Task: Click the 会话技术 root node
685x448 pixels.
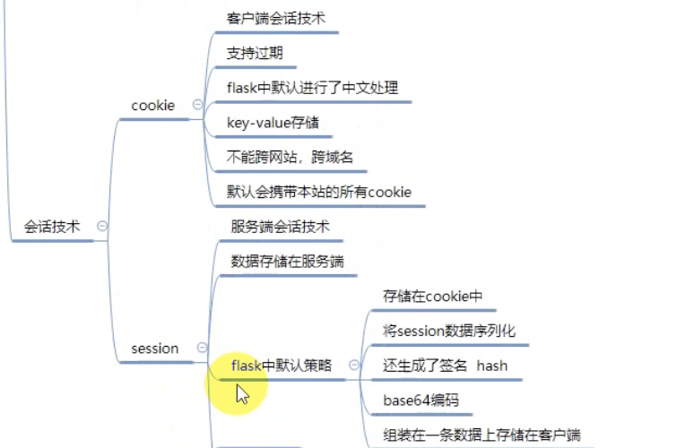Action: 52,227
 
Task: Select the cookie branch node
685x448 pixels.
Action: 152,106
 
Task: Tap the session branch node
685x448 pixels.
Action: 154,348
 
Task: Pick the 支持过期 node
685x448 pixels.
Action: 255,53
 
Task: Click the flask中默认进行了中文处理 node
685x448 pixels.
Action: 312,88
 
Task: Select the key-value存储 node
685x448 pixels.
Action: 273,122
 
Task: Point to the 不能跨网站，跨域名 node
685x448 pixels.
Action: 290,157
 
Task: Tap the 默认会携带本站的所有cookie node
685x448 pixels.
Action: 318,192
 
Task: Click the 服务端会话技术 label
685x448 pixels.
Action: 280,227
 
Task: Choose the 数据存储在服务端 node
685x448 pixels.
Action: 287,261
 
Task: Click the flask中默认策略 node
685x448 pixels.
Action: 282,366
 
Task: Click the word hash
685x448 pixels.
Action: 492,366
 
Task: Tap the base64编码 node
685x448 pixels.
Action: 421,400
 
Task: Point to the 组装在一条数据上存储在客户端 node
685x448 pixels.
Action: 481,434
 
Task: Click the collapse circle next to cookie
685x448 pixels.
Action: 197,106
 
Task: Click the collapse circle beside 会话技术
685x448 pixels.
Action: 101,227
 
